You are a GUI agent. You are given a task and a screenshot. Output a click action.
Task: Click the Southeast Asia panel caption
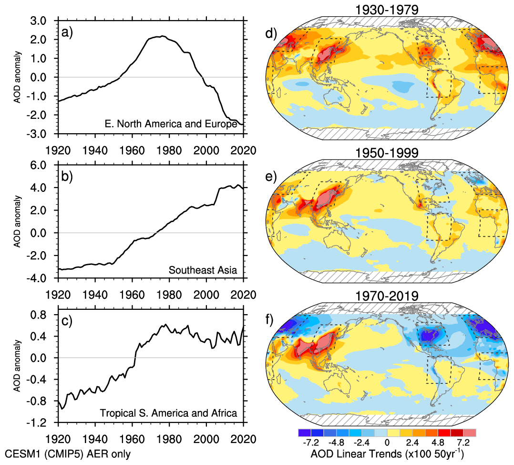pos(203,270)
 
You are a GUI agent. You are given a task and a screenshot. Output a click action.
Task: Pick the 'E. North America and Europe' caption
pos(171,125)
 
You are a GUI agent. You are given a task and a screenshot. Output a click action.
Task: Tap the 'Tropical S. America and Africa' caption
pos(168,413)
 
